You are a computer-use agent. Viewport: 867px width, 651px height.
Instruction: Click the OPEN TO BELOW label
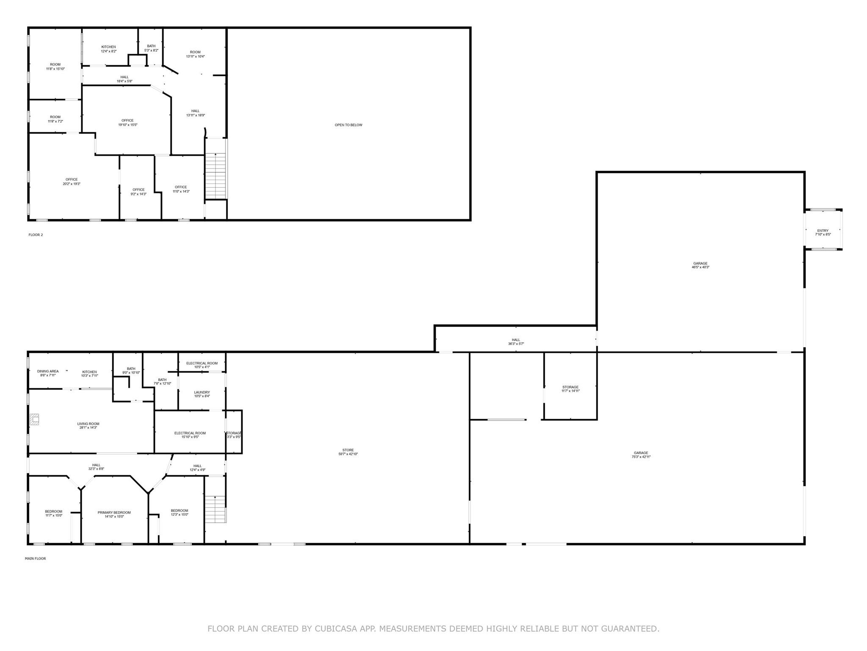pyautogui.click(x=348, y=125)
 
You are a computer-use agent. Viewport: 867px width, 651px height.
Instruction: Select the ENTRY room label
pyautogui.click(x=823, y=231)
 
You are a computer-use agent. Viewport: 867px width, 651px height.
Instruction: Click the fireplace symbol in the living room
pyautogui.click(x=34, y=420)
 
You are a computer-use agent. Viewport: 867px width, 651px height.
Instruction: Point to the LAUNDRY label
pyautogui.click(x=202, y=392)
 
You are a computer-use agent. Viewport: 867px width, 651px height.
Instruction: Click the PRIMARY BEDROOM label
pyautogui.click(x=114, y=512)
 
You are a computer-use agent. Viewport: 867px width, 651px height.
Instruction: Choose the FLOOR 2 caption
pyautogui.click(x=36, y=235)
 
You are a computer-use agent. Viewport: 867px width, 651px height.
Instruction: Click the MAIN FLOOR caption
pyautogui.click(x=35, y=559)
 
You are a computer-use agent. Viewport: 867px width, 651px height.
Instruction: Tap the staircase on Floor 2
pyautogui.click(x=216, y=175)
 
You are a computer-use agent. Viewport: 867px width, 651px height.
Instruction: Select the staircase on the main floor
pyautogui.click(x=215, y=509)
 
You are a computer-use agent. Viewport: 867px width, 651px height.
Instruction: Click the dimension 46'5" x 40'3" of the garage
pyautogui.click(x=700, y=267)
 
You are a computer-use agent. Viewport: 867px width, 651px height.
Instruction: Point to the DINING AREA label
pyautogui.click(x=48, y=371)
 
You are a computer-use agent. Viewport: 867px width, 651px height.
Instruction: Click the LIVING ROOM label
pyautogui.click(x=88, y=424)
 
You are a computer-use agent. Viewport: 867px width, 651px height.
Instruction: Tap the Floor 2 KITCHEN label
pyautogui.click(x=108, y=47)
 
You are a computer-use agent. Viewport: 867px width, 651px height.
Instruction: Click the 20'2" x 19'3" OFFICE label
pyautogui.click(x=72, y=180)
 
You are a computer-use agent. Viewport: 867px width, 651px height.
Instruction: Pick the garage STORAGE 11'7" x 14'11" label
pyautogui.click(x=570, y=387)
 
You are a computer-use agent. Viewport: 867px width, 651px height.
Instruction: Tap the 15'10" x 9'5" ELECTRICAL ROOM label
pyautogui.click(x=190, y=433)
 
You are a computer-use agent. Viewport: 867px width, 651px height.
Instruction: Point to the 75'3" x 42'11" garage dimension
pyautogui.click(x=641, y=457)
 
